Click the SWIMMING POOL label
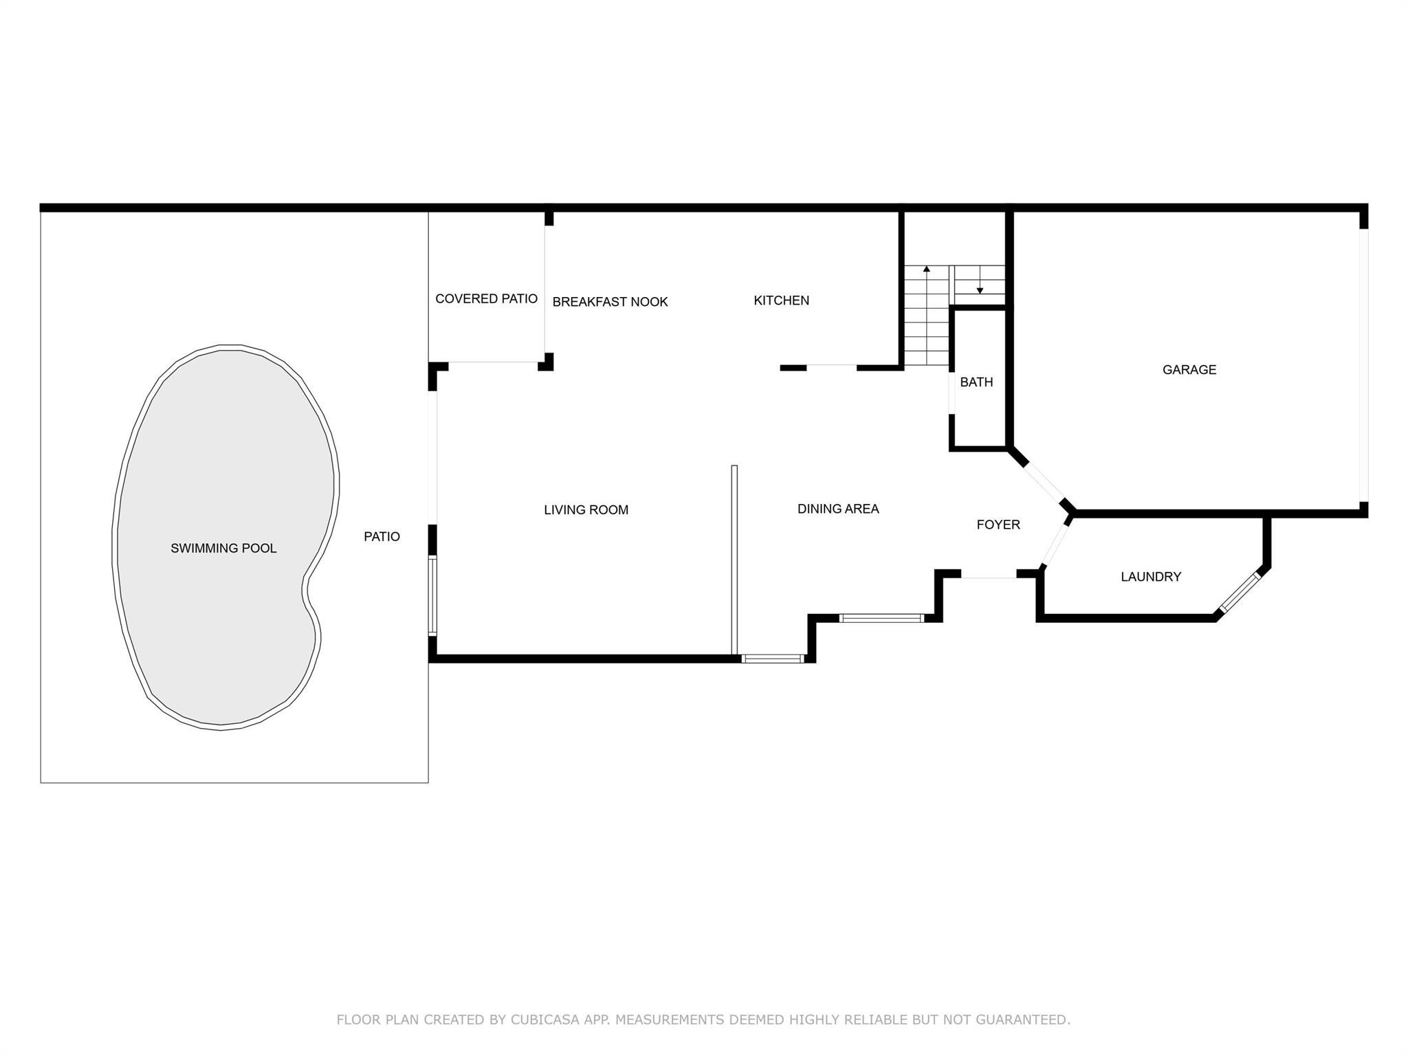pyautogui.click(x=223, y=549)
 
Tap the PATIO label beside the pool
pyautogui.click(x=382, y=537)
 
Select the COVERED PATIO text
pyautogui.click(x=486, y=299)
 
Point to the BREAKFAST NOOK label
pyautogui.click(x=610, y=302)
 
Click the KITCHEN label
pyautogui.click(x=781, y=300)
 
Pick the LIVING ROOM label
pyautogui.click(x=586, y=510)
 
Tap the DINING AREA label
pyautogui.click(x=838, y=509)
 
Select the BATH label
pyautogui.click(x=976, y=382)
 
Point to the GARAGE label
pyautogui.click(x=1189, y=370)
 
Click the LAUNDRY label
pyautogui.click(x=1151, y=577)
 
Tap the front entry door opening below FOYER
pyautogui.click(x=988, y=578)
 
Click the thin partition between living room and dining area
pyautogui.click(x=734, y=560)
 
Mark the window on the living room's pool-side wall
pyautogui.click(x=432, y=595)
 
